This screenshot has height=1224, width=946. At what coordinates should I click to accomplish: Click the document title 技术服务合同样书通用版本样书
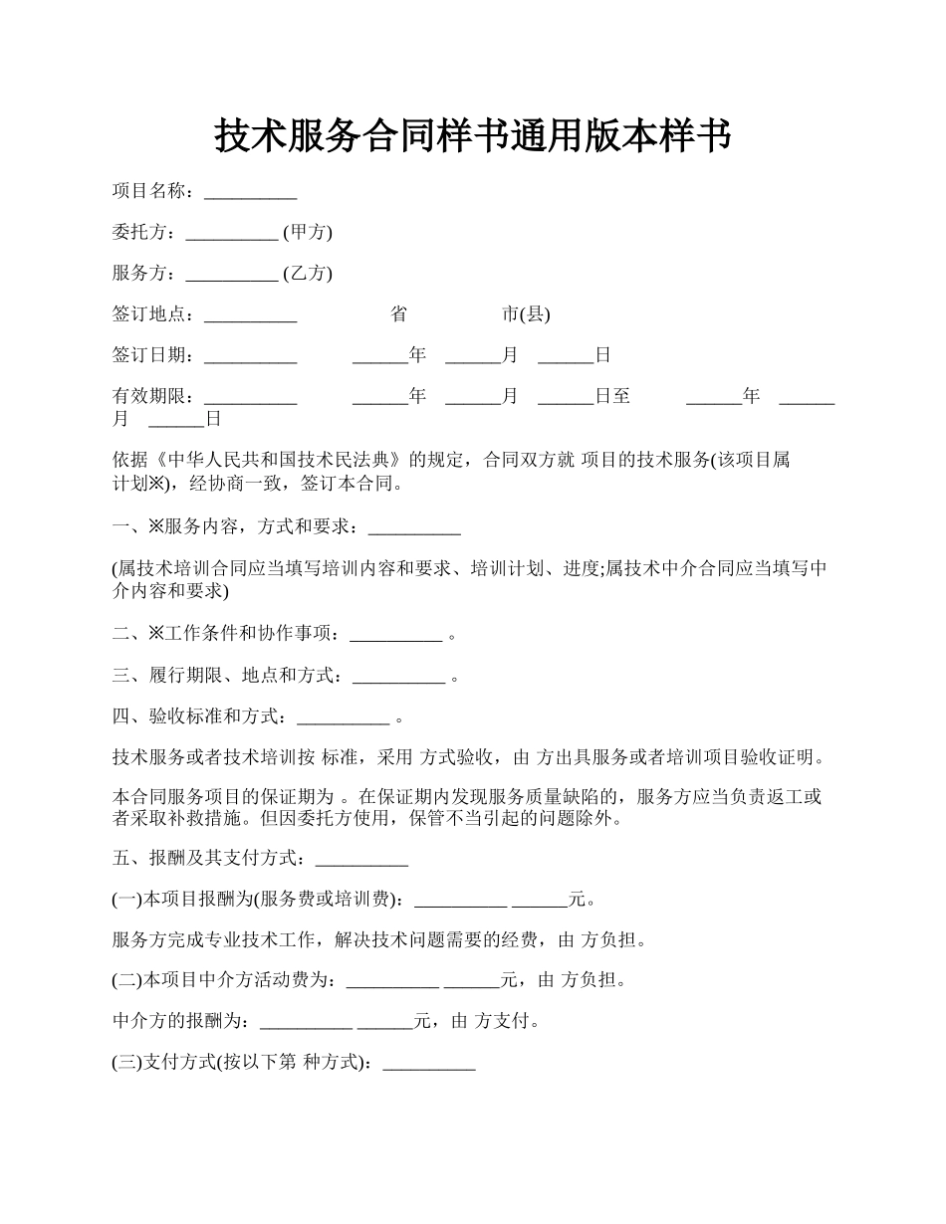point(473,136)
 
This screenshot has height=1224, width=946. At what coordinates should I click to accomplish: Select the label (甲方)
point(308,232)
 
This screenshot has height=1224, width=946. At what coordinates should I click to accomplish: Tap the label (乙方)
point(308,273)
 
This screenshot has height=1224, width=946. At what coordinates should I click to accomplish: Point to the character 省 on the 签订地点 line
point(398,314)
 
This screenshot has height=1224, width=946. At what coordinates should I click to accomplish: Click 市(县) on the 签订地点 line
point(526,314)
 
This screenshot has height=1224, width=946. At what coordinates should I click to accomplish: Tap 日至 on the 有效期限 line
point(612,396)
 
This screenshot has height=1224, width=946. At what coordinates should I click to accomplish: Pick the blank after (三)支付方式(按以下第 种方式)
point(429,1062)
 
